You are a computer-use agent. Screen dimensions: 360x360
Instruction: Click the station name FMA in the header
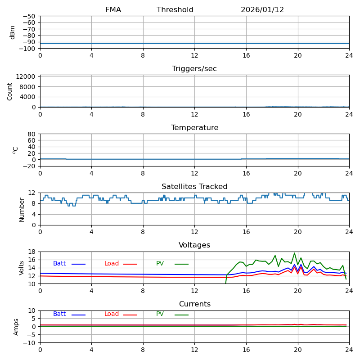(x=113, y=10)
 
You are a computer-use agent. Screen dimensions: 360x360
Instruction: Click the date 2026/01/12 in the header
(x=262, y=10)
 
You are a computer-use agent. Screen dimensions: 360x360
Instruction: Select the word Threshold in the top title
(x=175, y=10)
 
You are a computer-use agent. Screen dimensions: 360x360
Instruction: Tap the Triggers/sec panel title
(x=194, y=69)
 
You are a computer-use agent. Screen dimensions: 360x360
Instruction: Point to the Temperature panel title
(x=194, y=128)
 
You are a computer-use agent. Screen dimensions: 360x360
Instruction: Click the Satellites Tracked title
(x=194, y=187)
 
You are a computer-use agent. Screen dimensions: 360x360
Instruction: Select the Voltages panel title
(x=194, y=245)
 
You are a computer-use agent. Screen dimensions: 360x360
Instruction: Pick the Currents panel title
(x=194, y=304)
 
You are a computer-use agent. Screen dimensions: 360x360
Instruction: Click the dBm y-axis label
(x=13, y=32)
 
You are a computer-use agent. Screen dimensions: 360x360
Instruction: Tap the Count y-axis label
(x=10, y=91)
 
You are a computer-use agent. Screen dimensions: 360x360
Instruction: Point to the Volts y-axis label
(x=22, y=267)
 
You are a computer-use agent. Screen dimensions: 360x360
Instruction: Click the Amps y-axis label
(x=16, y=326)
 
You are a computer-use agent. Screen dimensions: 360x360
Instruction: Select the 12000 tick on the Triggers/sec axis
(x=26, y=76)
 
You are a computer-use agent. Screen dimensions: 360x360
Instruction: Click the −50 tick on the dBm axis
(x=28, y=16)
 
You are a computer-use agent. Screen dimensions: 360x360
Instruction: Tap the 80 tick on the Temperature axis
(x=32, y=134)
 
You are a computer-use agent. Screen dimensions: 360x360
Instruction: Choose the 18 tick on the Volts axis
(x=32, y=252)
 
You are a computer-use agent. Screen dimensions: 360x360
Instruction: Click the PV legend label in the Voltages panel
(x=160, y=264)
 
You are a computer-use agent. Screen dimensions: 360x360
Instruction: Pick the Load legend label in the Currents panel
(x=112, y=314)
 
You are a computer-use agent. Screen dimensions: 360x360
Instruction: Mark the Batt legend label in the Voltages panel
(x=59, y=264)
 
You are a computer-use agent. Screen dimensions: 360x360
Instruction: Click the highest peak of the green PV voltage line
(x=295, y=253)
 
